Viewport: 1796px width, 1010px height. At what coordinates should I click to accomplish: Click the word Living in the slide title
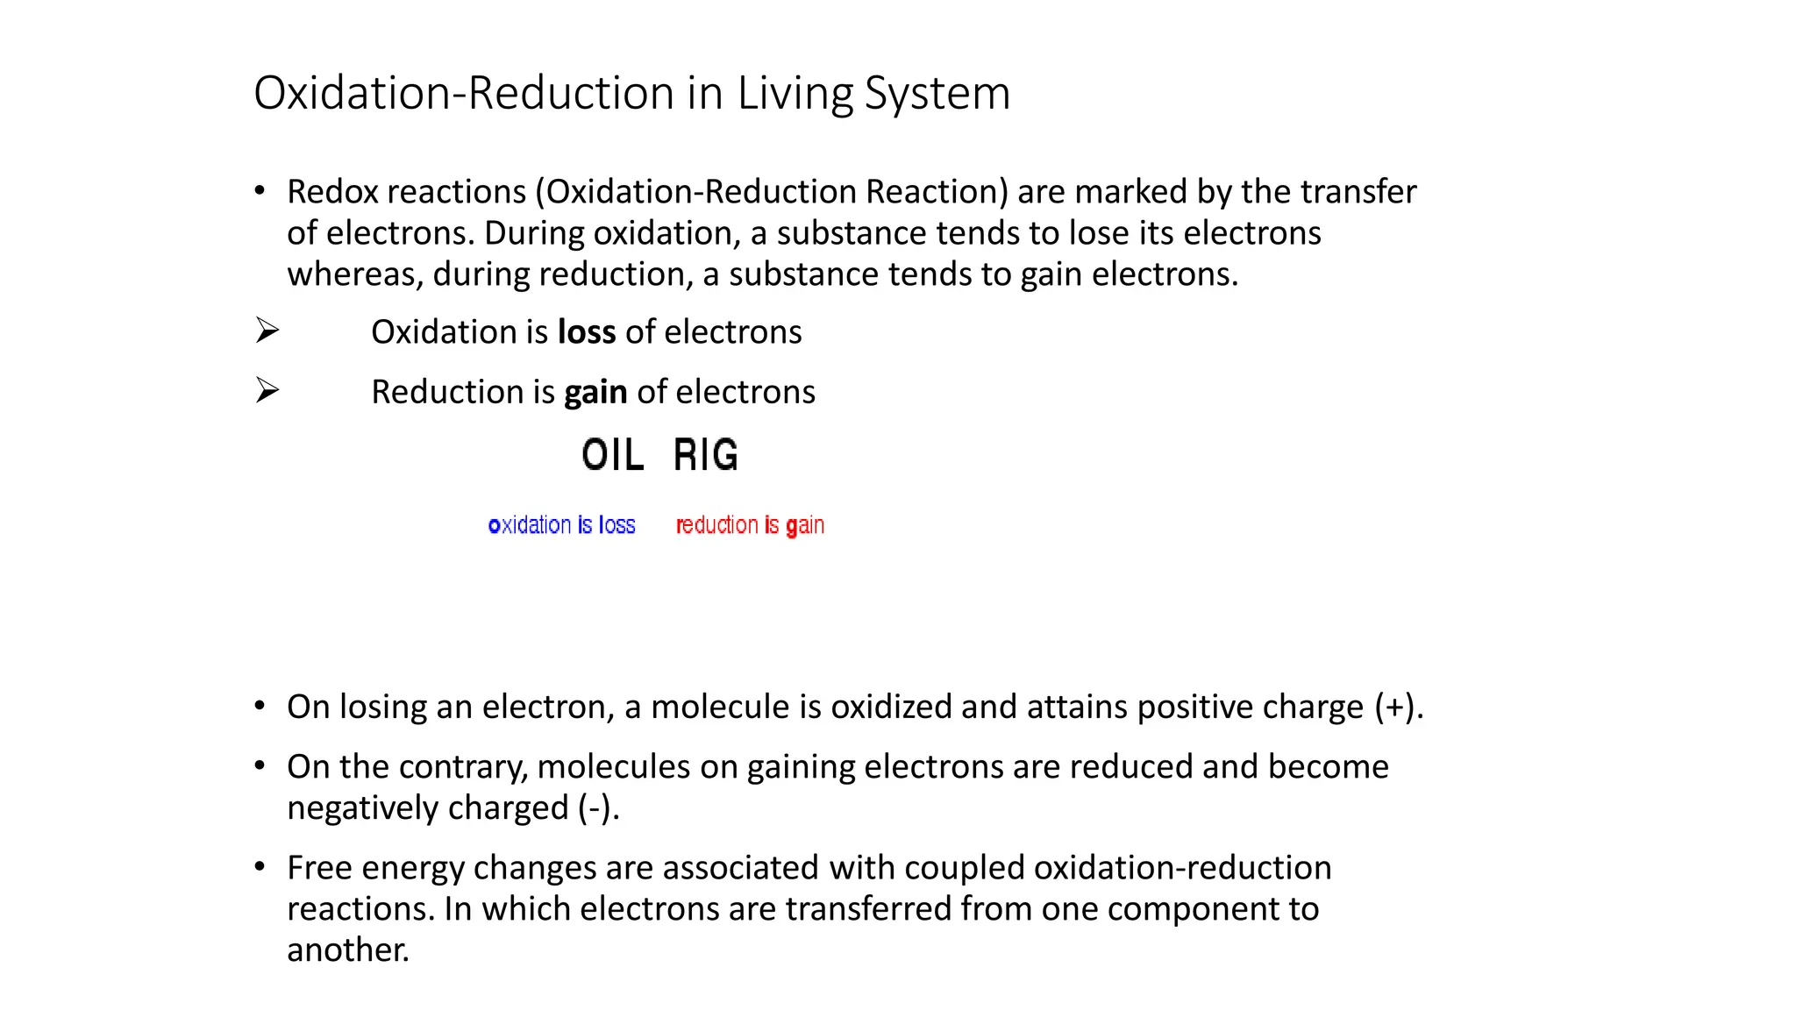[x=795, y=93]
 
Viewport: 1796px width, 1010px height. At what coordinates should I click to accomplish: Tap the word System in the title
[x=937, y=93]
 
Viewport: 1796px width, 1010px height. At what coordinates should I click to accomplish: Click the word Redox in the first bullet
[x=332, y=192]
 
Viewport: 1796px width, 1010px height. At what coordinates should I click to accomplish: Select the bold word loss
[x=587, y=332]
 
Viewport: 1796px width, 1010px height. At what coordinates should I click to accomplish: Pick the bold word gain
[x=595, y=392]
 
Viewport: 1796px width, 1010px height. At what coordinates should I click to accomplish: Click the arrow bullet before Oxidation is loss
[x=267, y=331]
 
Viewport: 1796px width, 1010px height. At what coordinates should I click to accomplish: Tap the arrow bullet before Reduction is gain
[x=267, y=390]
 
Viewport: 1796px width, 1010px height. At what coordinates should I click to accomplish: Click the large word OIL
[x=612, y=455]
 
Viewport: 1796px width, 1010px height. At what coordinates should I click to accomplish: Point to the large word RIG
[x=706, y=455]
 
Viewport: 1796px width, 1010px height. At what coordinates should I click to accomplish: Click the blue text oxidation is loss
[x=561, y=525]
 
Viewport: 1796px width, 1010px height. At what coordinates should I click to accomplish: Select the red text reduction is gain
[x=750, y=525]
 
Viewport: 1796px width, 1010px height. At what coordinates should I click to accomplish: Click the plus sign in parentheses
[x=1393, y=708]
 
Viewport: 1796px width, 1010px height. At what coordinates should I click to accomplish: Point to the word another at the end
[x=347, y=950]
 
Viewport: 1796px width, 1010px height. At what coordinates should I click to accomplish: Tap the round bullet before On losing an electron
[x=260, y=707]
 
